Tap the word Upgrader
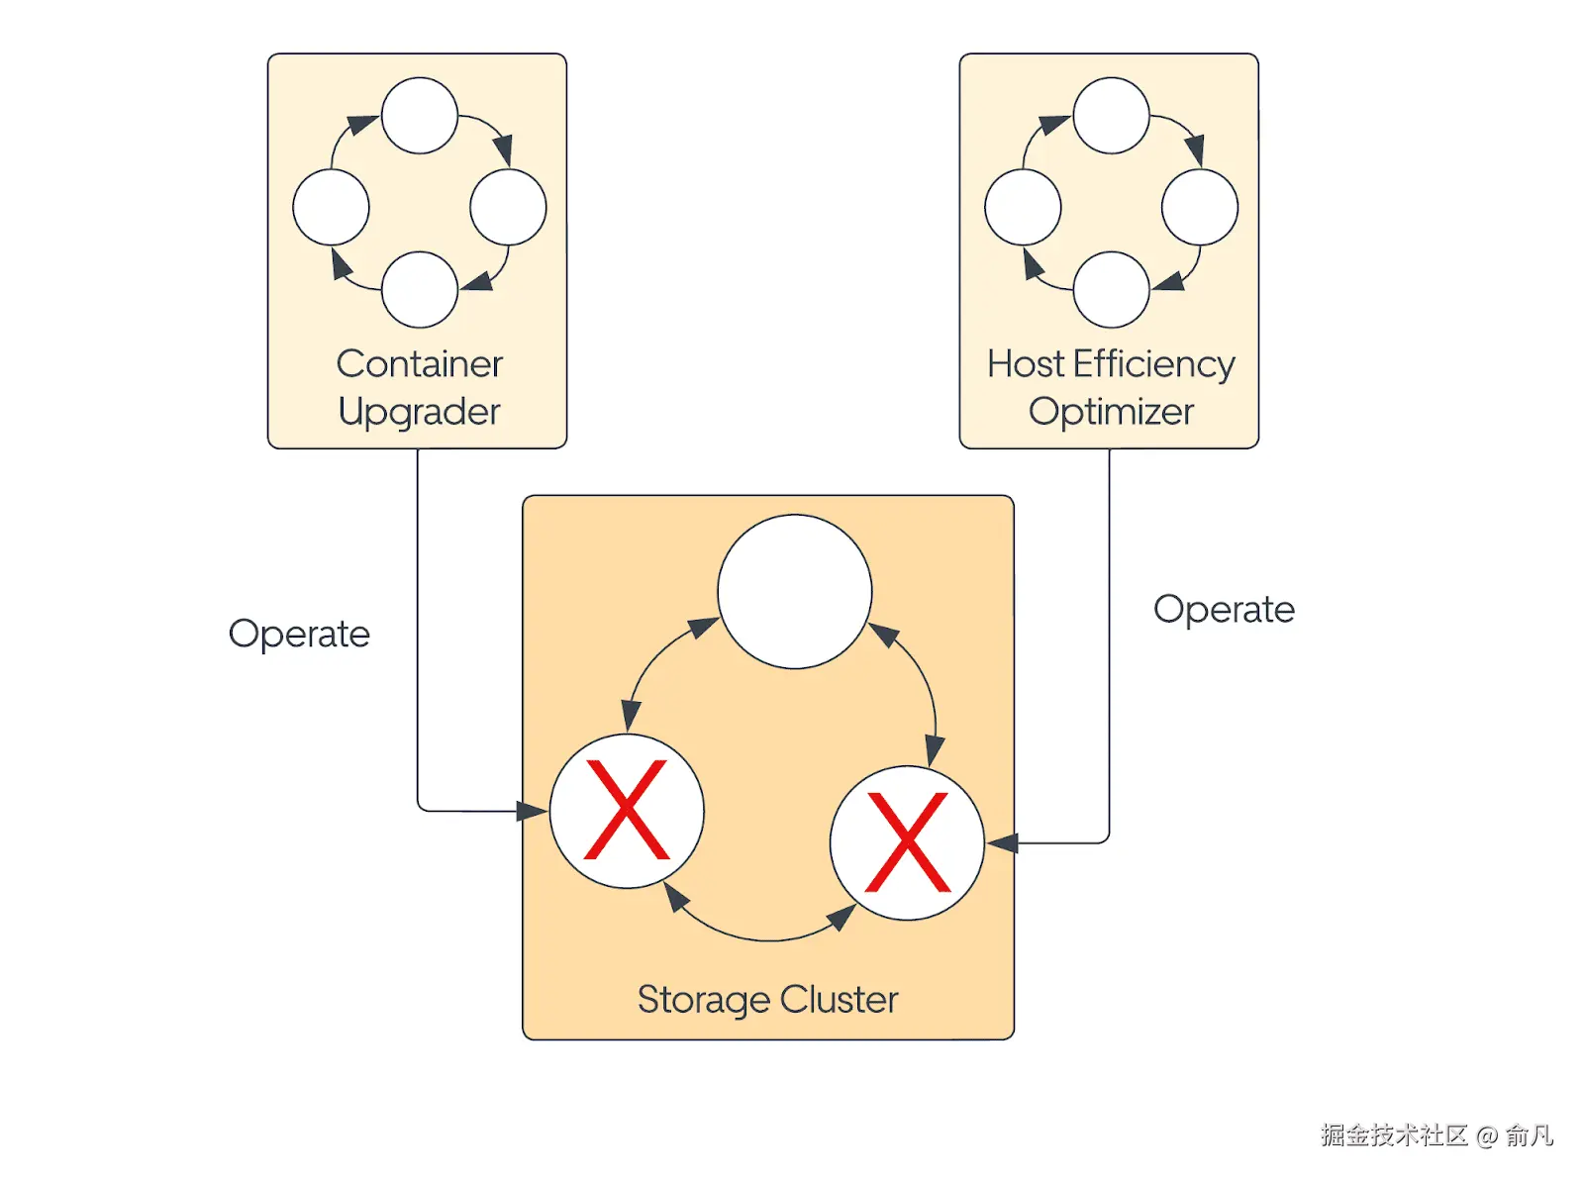point(419,412)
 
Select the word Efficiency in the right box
point(1153,364)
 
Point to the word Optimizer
point(1111,412)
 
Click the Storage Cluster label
point(767,999)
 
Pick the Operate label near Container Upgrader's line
point(299,634)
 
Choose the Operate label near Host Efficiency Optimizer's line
point(1224,609)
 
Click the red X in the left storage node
point(627,810)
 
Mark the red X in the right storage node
point(907,842)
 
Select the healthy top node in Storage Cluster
point(795,591)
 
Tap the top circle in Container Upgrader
point(419,116)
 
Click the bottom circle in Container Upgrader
point(419,289)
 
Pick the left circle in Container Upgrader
point(331,207)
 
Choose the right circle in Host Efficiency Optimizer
point(1200,207)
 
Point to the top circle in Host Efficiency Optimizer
point(1111,116)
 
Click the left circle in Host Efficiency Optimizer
point(1023,207)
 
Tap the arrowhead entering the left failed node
point(532,811)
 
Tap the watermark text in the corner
point(1436,1134)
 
